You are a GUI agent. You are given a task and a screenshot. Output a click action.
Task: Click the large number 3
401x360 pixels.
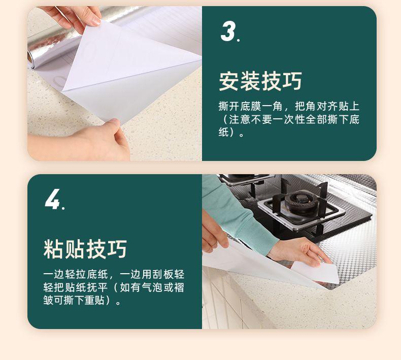(228, 30)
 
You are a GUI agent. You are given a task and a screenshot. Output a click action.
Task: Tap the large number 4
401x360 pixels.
(53, 199)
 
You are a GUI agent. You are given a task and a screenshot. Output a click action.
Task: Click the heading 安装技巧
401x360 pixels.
(260, 81)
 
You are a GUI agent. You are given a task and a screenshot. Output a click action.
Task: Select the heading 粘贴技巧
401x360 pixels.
(85, 249)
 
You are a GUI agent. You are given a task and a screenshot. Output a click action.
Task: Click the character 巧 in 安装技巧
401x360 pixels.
(292, 81)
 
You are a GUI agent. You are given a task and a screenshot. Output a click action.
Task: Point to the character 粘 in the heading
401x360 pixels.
(53, 249)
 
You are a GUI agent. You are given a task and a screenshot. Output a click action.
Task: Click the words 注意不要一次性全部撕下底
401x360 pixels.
(294, 119)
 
